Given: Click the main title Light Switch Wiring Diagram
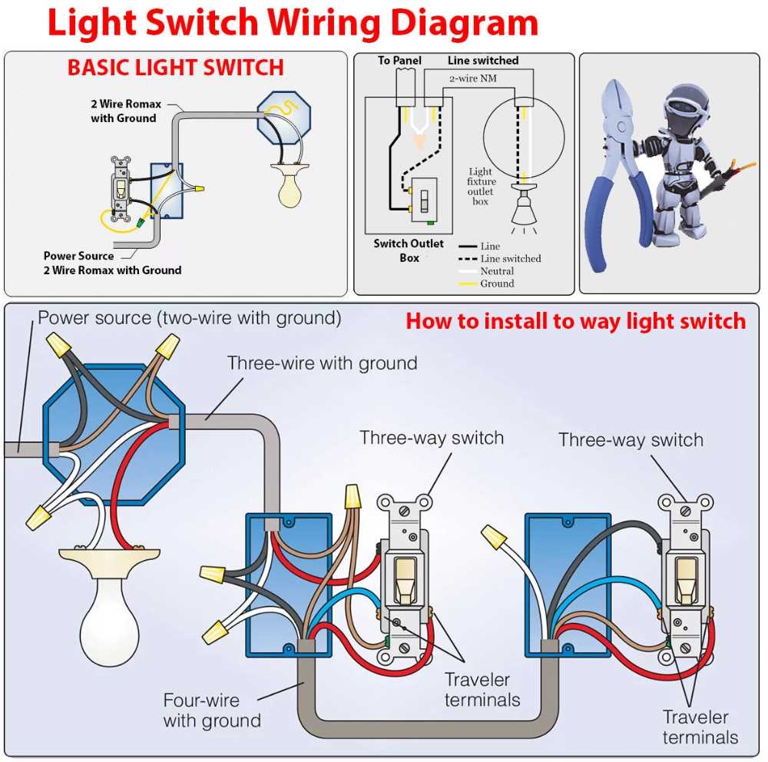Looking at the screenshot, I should click(x=292, y=23).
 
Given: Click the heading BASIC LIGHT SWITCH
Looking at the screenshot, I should click(x=175, y=68).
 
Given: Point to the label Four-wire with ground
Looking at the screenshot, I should click(x=211, y=711).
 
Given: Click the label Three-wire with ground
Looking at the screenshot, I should click(x=322, y=363).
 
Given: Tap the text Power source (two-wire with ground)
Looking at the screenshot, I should click(x=189, y=317).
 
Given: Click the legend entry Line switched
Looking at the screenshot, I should click(x=510, y=259).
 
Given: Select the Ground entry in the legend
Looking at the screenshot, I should click(x=497, y=283).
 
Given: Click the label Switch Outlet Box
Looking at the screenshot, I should click(x=409, y=250).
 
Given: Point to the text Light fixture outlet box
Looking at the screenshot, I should click(x=480, y=187).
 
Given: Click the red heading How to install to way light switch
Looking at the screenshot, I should click(x=575, y=321).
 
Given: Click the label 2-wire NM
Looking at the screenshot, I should click(x=472, y=78).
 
